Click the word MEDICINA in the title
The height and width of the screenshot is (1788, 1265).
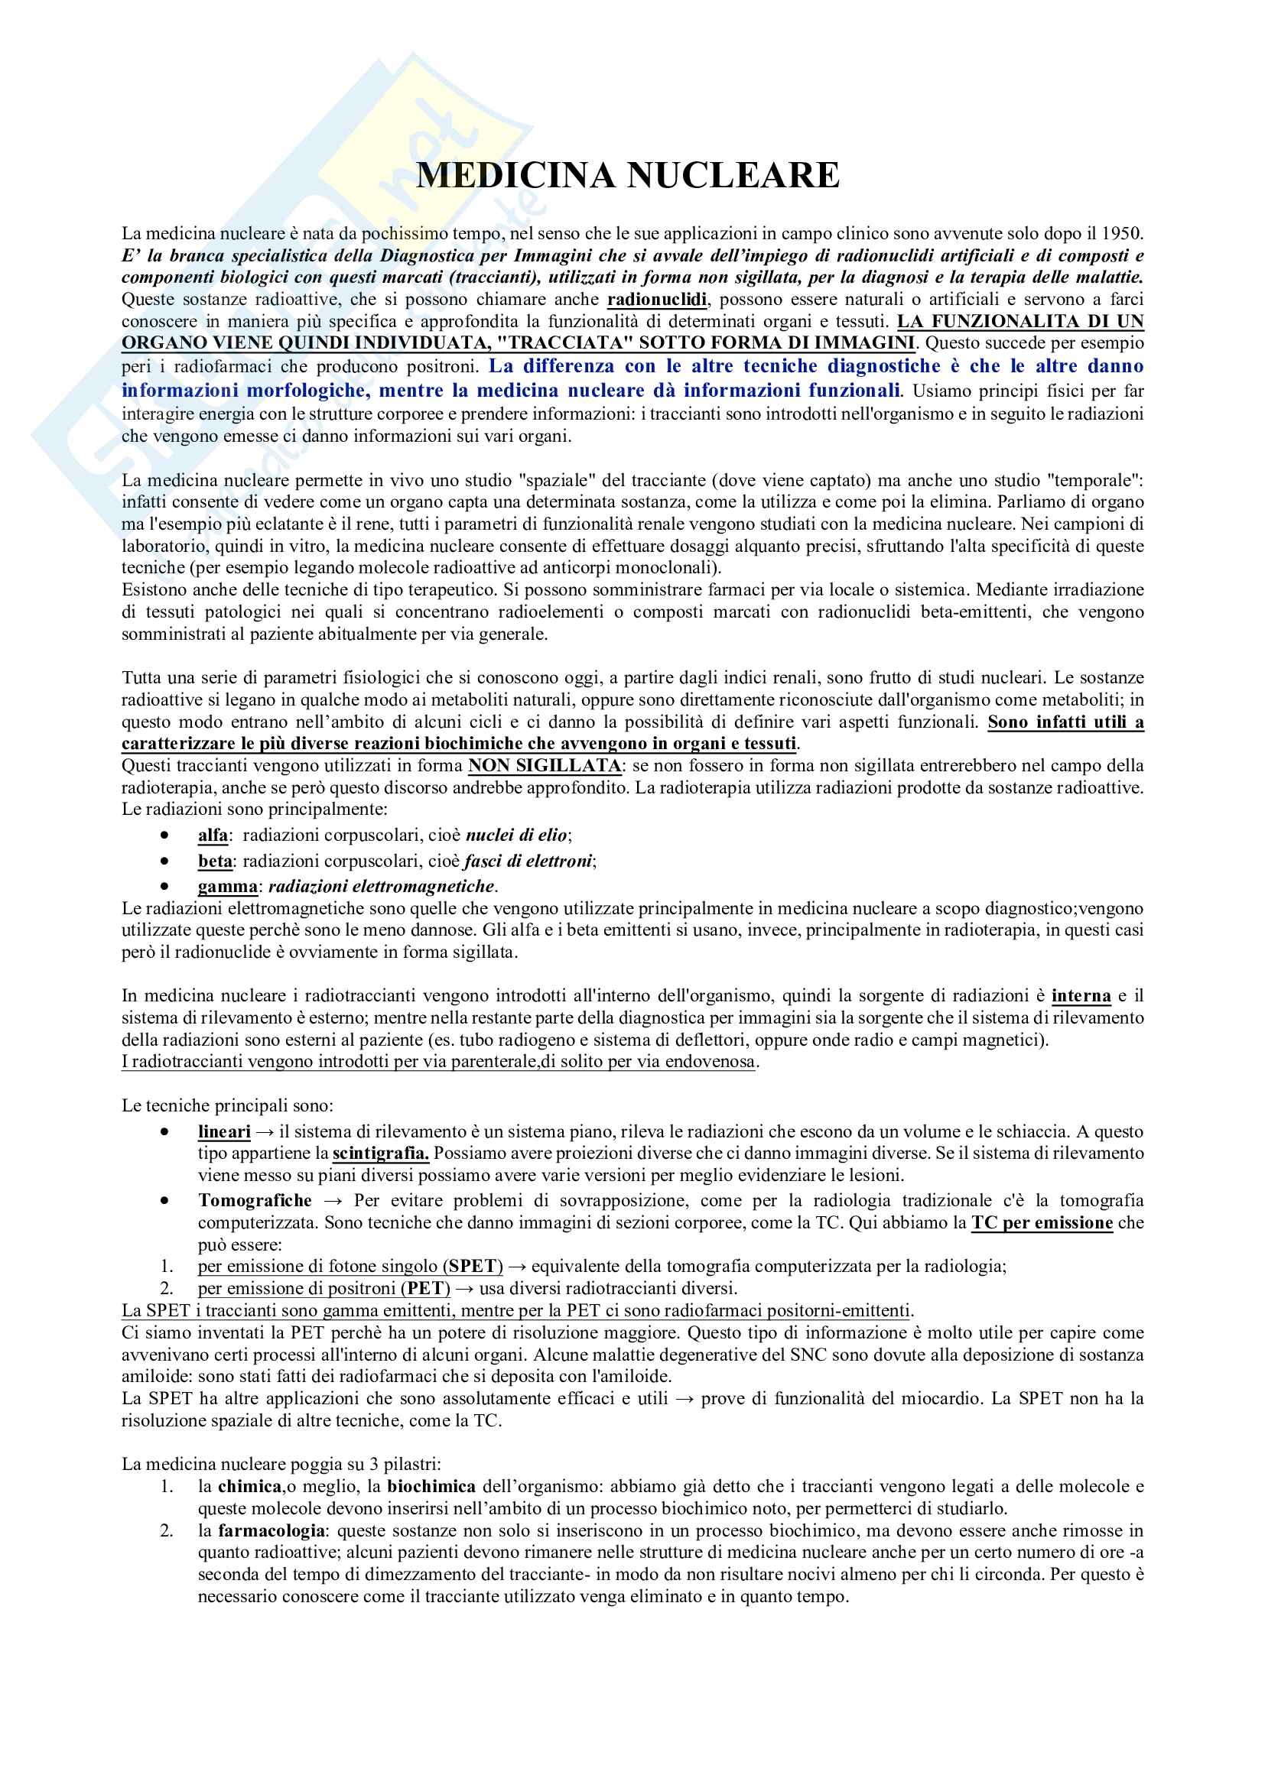point(515,175)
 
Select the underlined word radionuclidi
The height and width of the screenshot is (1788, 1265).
point(657,300)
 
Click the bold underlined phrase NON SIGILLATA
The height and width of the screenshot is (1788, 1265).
point(545,765)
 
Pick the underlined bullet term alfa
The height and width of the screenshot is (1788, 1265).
point(213,836)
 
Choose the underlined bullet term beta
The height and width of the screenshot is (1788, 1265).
point(215,862)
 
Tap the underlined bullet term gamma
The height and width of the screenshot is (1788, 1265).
point(227,886)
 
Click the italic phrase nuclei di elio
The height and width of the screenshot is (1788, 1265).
point(515,836)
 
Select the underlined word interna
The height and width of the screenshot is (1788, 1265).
point(1081,996)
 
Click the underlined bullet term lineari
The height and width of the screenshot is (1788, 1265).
point(224,1132)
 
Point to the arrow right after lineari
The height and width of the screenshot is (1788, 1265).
point(265,1132)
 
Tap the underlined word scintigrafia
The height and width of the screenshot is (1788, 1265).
point(381,1154)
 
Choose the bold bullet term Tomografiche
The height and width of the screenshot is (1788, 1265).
point(255,1201)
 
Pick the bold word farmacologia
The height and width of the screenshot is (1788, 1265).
point(272,1531)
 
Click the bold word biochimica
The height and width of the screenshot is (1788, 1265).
point(431,1487)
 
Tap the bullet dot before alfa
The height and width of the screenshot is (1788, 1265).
point(164,836)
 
